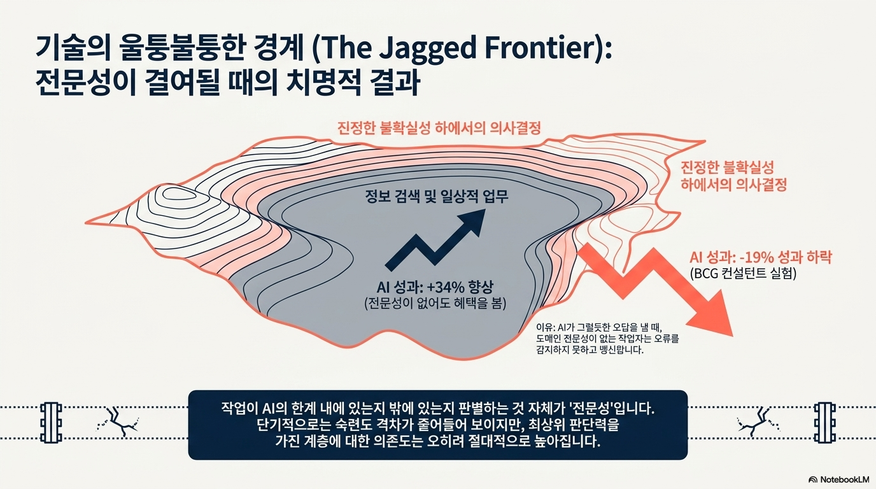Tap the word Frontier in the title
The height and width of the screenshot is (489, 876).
(542, 48)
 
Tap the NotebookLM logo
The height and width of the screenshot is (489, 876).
(839, 479)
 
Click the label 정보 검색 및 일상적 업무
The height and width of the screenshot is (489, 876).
(437, 196)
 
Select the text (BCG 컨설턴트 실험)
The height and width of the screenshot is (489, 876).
(743, 273)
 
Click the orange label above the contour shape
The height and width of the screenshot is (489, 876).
(439, 128)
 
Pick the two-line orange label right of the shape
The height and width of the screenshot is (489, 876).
(733, 176)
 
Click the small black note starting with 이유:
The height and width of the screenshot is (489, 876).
(607, 338)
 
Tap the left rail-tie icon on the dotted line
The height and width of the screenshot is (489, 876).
(51, 423)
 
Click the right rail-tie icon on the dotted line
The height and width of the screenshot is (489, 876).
(825, 423)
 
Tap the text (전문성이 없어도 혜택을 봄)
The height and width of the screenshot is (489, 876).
(435, 304)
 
